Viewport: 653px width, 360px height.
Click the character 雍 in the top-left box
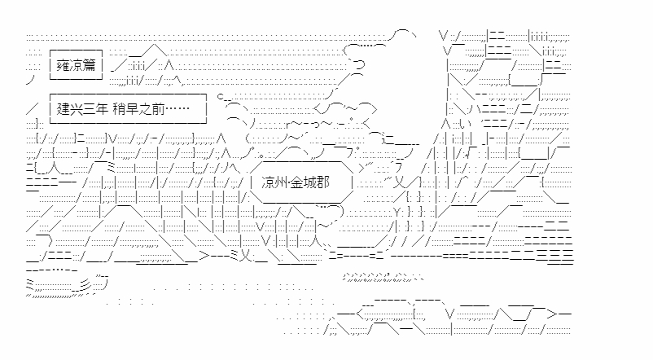tap(63, 65)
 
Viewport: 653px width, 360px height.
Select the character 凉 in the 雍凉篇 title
tap(76, 65)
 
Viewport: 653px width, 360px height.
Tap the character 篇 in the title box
tap(89, 65)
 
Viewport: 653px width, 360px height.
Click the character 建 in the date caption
tap(63, 109)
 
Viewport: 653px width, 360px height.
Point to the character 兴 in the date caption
tap(76, 109)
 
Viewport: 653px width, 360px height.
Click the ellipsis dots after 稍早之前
tap(177, 109)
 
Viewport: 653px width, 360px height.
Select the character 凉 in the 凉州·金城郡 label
tap(268, 182)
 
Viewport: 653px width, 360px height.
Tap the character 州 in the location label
tap(281, 182)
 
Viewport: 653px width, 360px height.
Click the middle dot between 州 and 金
tap(289, 182)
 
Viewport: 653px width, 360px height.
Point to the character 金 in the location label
tap(297, 182)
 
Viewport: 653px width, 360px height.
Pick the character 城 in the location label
tap(311, 182)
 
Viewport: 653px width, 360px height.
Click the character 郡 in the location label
tap(323, 182)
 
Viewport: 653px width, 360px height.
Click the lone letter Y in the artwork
tap(396, 212)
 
